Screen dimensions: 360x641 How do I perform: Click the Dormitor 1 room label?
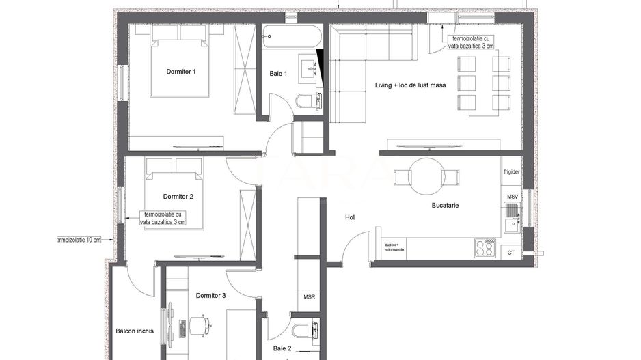click(181, 72)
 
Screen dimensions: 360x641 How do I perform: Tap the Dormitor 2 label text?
click(178, 197)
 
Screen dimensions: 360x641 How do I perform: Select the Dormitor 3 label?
click(210, 296)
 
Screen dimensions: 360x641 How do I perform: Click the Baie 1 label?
click(278, 74)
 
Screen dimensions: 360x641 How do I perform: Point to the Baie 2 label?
click(282, 348)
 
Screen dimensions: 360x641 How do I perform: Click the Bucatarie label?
click(445, 205)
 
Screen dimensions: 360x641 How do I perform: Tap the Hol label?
click(350, 218)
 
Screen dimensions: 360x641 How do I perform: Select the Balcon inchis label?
click(135, 331)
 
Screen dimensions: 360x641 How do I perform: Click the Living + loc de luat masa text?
click(411, 85)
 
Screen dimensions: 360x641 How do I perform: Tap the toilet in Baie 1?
click(306, 102)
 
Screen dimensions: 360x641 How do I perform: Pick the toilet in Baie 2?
click(303, 331)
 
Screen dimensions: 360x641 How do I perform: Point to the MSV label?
click(512, 197)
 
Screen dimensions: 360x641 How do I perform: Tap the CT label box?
click(511, 253)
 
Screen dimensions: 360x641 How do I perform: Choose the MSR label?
click(308, 297)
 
